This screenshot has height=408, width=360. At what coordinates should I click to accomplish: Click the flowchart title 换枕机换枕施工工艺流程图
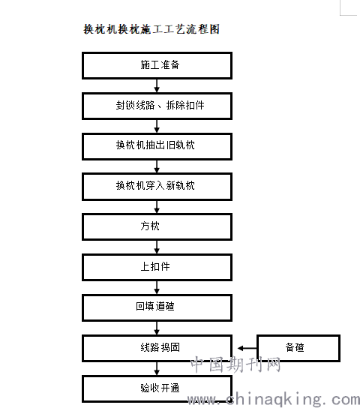tap(151, 29)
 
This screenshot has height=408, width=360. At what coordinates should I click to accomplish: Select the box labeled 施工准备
tap(157, 65)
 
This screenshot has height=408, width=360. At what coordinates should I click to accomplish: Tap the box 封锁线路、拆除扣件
tap(157, 106)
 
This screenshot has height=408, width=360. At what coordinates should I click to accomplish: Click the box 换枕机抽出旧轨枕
tap(157, 146)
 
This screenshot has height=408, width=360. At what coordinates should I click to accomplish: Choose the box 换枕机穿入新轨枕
tap(157, 187)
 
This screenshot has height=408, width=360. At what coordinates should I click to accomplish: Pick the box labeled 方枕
tap(157, 227)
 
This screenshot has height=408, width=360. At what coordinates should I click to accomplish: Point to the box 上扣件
tap(157, 267)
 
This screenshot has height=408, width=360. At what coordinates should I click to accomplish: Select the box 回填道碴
tap(157, 307)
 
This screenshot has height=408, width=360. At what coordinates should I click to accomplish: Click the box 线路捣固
tap(157, 348)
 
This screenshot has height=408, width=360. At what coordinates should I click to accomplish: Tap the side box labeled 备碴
tap(298, 348)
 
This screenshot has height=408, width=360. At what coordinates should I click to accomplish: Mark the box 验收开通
tap(157, 388)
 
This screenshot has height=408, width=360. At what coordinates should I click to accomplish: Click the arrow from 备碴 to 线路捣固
tap(247, 348)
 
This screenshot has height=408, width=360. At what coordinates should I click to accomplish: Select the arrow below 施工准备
tap(157, 85)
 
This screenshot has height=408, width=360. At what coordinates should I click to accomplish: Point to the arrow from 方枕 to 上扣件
tap(157, 247)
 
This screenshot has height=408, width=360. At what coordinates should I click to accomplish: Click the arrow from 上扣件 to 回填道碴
tap(157, 287)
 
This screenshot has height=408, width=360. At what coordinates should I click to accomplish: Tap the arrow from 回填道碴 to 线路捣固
tap(157, 328)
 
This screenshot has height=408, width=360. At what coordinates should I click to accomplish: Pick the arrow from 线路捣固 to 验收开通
tap(157, 368)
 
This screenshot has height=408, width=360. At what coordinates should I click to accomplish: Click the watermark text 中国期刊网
tap(235, 364)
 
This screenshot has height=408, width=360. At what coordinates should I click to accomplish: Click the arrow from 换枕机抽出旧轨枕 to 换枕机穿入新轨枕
tap(157, 166)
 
